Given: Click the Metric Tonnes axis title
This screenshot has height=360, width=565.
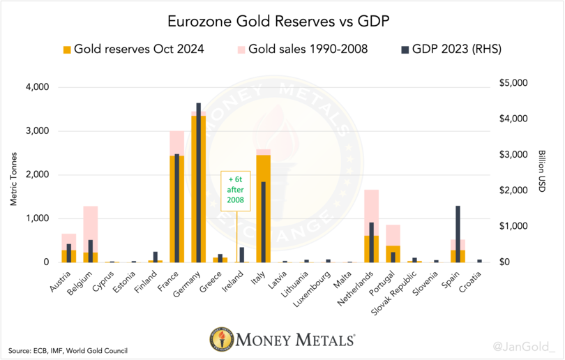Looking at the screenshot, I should click(x=13, y=174).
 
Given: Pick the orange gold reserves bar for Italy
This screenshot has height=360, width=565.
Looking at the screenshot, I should click(x=259, y=209).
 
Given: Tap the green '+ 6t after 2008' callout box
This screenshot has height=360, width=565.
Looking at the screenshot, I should click(x=235, y=190).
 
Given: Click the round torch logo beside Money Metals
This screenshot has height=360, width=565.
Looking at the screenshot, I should click(x=223, y=340).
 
